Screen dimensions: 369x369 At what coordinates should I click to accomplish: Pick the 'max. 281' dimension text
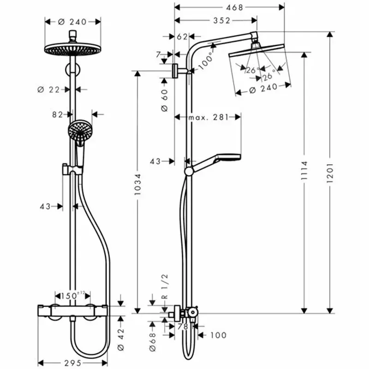tap(208, 118)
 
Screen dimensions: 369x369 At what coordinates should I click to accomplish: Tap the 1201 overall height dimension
tap(329, 176)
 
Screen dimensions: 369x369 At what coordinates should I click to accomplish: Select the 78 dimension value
tap(182, 327)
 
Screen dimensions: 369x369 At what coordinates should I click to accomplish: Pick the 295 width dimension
tap(72, 362)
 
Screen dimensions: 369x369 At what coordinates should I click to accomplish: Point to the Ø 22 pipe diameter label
tap(48, 89)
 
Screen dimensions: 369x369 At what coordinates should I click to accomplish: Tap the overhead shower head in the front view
tap(72, 49)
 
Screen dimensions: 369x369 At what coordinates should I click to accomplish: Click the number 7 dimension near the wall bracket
tap(159, 54)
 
